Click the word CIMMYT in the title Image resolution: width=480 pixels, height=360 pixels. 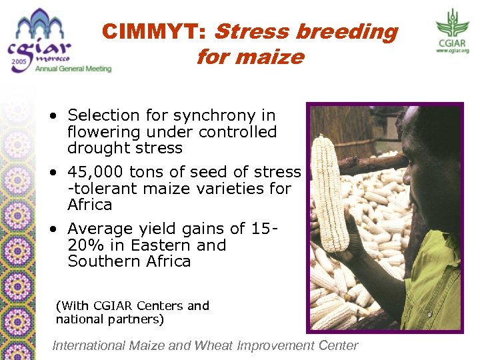153,31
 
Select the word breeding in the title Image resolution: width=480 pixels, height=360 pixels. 347,31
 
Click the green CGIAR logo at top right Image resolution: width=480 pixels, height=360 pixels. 453,30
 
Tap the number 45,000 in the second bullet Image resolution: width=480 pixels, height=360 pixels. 95,172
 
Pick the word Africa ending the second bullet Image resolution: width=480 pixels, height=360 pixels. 89,204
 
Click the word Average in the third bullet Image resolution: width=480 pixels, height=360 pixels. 96,229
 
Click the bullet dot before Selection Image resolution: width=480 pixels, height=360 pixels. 53,116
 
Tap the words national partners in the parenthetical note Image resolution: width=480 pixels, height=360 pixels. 110,319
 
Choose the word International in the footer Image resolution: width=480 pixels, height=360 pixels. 89,345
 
